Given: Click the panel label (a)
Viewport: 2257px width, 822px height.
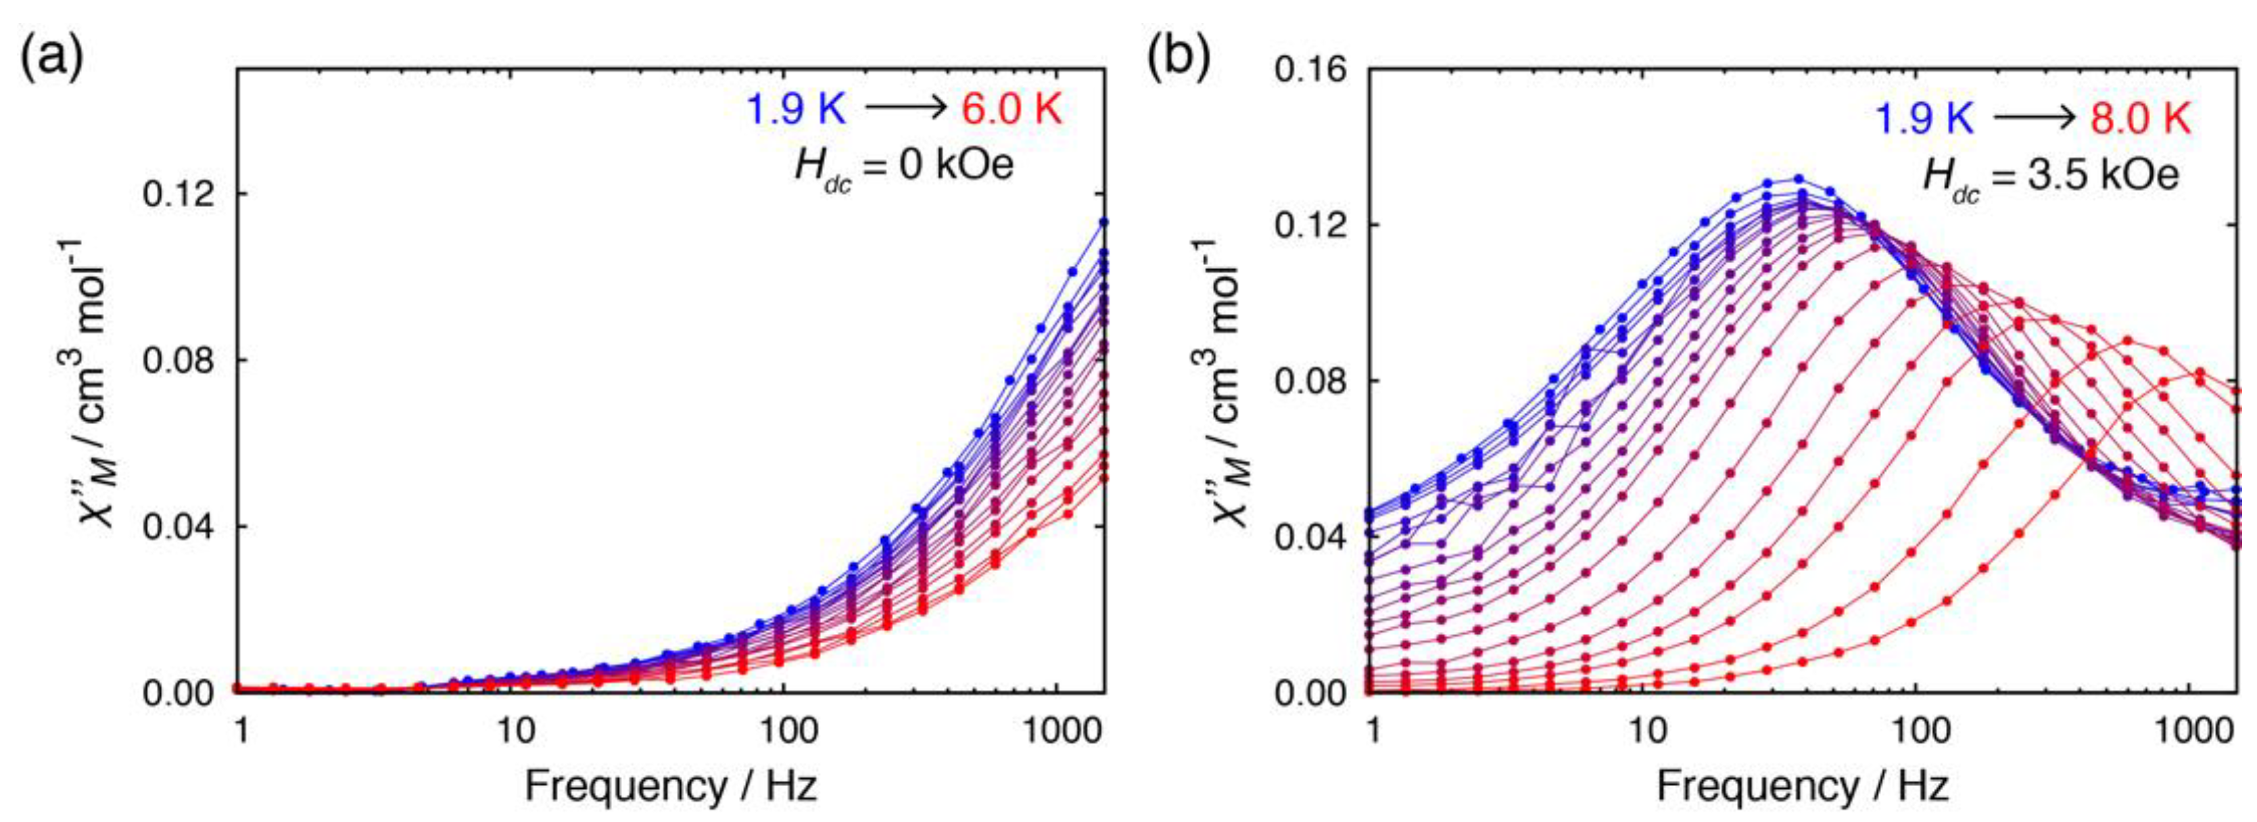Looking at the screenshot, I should [51, 60].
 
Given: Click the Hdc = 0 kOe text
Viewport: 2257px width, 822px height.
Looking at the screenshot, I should [903, 166].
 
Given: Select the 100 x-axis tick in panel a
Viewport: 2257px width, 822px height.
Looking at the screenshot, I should [784, 730].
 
